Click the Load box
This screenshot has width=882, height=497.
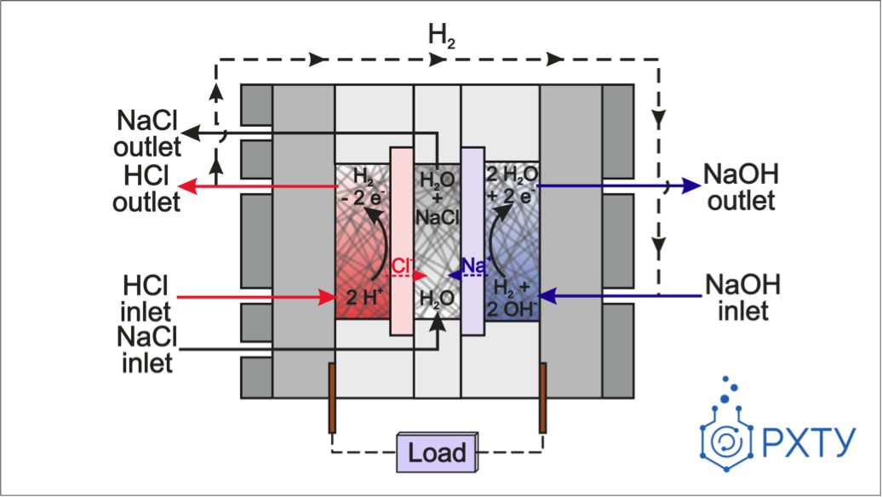437,452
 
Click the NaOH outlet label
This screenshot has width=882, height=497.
740,187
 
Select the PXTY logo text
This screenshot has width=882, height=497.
809,443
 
